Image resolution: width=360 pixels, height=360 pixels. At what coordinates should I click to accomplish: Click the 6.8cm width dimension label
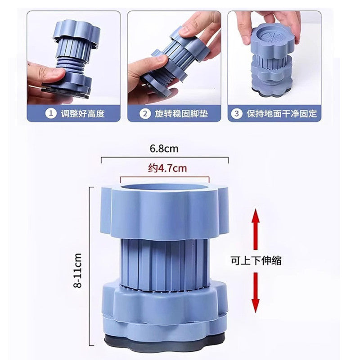click(x=164, y=148)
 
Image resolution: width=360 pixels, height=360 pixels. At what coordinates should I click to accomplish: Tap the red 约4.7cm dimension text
click(x=167, y=168)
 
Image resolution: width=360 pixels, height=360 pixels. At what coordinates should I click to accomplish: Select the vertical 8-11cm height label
click(x=77, y=270)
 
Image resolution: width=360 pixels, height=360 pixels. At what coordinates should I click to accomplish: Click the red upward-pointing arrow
click(x=256, y=230)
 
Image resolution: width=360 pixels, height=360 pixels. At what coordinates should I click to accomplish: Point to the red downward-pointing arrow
click(x=256, y=292)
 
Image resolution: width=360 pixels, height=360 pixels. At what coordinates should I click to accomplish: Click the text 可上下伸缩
click(x=256, y=261)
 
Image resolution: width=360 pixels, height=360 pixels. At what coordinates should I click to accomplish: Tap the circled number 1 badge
click(x=51, y=113)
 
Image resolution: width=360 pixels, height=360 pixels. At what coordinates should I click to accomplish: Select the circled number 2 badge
click(x=145, y=113)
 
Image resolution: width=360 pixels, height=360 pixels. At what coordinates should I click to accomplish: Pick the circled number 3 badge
click(x=237, y=113)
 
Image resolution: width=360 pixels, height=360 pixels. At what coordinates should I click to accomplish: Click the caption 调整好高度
click(x=83, y=114)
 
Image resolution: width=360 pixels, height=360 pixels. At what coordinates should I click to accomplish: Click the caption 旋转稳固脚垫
click(x=181, y=114)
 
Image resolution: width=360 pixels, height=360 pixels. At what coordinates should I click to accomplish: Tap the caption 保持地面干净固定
click(x=282, y=114)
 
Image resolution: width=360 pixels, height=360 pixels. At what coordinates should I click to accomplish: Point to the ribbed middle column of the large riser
click(x=165, y=265)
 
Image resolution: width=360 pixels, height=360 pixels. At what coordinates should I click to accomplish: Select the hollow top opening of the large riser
click(x=165, y=187)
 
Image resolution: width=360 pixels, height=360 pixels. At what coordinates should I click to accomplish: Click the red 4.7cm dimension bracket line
click(x=165, y=176)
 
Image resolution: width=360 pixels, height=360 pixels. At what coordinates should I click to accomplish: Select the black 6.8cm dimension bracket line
click(x=165, y=157)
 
